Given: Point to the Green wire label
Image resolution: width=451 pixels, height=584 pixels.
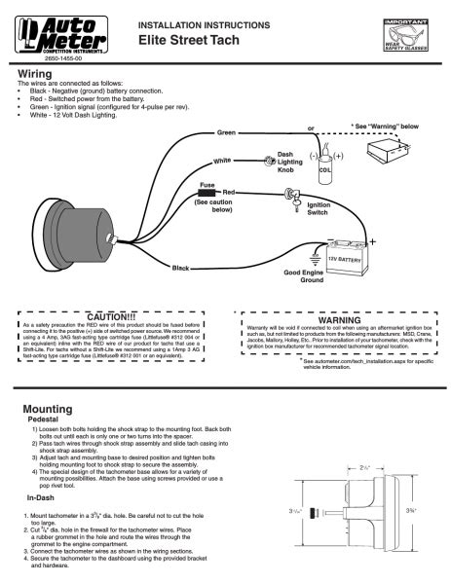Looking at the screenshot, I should (225, 133).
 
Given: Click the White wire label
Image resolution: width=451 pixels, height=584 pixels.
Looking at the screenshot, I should (222, 160).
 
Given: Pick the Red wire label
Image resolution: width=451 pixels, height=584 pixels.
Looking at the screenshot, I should (230, 194).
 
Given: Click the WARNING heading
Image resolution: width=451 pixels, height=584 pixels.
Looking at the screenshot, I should (339, 317).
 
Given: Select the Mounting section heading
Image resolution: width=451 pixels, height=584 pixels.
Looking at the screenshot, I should (43, 409).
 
